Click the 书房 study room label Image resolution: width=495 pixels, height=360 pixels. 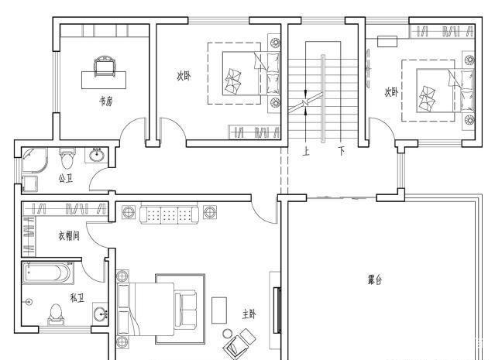click(106, 101)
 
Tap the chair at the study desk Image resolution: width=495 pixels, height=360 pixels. click(104, 66)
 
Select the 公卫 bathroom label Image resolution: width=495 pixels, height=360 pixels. click(66, 179)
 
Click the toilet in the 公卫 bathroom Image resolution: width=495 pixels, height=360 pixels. click(67, 159)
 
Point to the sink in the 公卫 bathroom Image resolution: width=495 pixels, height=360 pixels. click(97, 155)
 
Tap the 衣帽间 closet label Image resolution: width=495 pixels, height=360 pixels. click(69, 235)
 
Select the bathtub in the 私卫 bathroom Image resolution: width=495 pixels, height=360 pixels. click(47, 273)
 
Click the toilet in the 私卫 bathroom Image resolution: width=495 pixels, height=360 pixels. click(57, 314)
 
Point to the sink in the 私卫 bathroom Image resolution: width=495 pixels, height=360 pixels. click(101, 314)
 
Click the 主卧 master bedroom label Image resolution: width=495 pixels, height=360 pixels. click(249, 314)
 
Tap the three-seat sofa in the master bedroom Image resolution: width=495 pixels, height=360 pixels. click(169, 214)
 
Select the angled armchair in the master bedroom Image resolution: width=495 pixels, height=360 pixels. click(239, 343)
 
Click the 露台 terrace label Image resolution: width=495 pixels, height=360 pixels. click(375, 279)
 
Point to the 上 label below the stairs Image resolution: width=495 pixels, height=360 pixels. click(306, 152)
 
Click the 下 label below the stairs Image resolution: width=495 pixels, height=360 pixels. click(342, 151)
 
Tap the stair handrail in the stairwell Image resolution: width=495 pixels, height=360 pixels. click(323, 98)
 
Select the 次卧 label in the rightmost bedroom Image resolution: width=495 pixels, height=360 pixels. click(391, 92)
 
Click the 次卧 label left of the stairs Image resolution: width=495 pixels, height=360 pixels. click(184, 76)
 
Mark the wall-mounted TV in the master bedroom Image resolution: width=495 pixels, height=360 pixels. click(277, 310)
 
